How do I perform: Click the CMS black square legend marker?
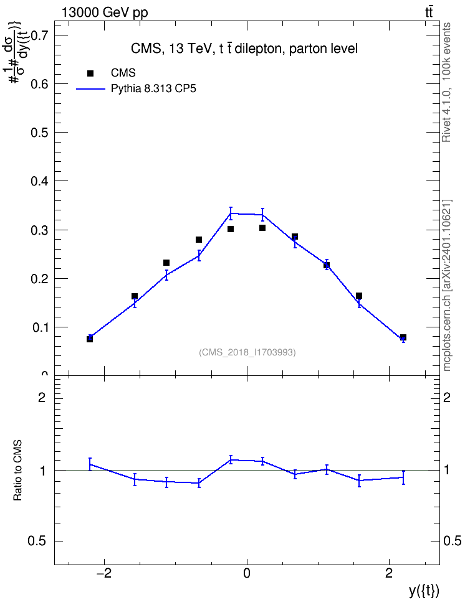[x=90, y=73]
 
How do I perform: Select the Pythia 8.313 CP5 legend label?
[x=153, y=88]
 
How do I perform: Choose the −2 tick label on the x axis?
[x=104, y=573]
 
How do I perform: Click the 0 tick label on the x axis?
[x=247, y=573]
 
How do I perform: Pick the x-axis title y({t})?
[x=424, y=591]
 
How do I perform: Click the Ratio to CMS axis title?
[x=17, y=470]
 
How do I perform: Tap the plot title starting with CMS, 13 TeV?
[x=244, y=49]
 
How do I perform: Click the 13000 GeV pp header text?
[x=105, y=13]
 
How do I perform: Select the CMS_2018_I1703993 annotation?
[x=247, y=352]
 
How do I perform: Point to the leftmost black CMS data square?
[x=90, y=339]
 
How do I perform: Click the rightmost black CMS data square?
[x=403, y=337]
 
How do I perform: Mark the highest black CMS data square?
[x=262, y=228]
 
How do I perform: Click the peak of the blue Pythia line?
[x=231, y=213]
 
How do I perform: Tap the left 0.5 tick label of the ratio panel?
[x=37, y=542]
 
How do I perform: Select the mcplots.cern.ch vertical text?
[x=447, y=286]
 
